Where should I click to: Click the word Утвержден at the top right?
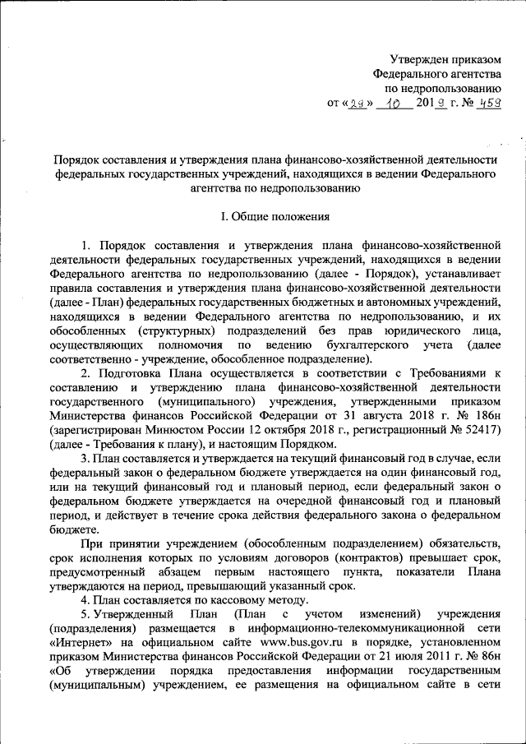coord(420,58)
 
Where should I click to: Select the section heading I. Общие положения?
coord(270,218)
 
